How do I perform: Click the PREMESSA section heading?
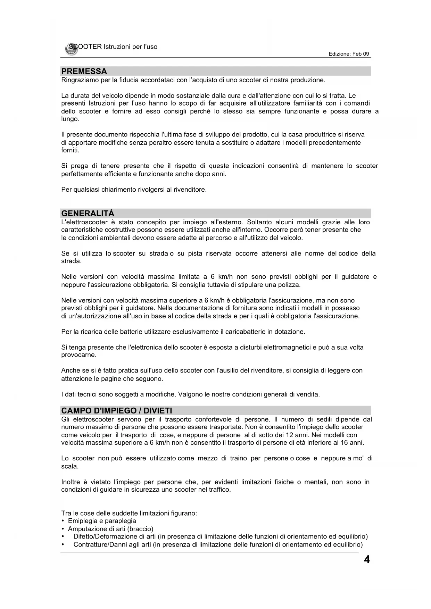pos(84,72)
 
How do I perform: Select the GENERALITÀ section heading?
pos(88,213)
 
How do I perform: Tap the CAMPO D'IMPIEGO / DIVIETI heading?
pos(116,410)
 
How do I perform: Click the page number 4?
pos(367,560)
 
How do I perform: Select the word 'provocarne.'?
pos(79,355)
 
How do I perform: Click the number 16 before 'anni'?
pos(340,443)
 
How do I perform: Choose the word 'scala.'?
pos(70,466)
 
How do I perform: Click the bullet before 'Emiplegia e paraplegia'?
pos(63,521)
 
